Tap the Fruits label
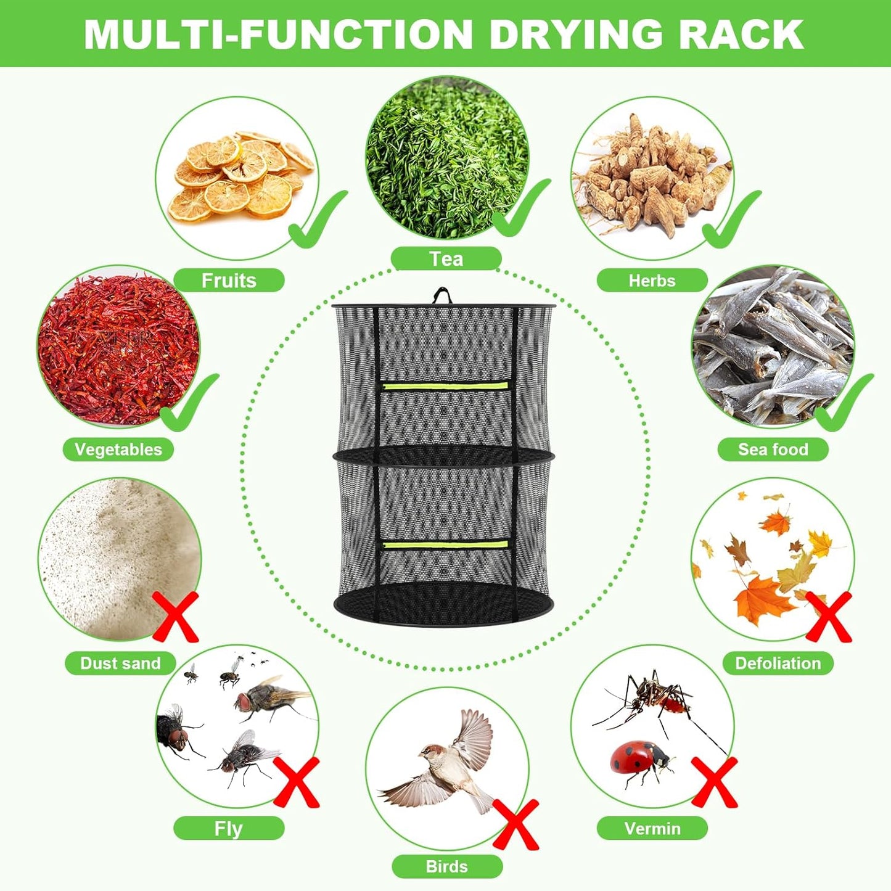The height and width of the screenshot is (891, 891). click(229, 281)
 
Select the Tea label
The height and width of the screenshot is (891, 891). click(446, 259)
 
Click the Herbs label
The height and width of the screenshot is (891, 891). click(652, 281)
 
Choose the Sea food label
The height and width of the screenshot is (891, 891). click(773, 450)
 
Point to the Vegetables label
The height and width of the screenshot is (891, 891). click(118, 450)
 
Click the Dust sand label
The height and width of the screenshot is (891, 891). click(120, 663)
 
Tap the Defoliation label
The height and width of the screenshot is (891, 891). click(778, 663)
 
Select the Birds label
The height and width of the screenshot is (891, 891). click(447, 866)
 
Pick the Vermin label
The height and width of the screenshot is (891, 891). click(652, 828)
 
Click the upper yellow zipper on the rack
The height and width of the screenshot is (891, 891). click(445, 386)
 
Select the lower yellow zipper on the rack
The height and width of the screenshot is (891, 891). click(445, 544)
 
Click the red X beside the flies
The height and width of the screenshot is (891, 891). click(297, 782)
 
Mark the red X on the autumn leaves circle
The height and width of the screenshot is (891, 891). click(829, 617)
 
